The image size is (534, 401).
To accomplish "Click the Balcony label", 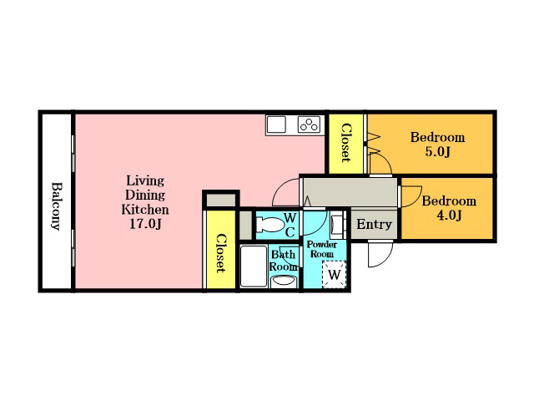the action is point(57,206).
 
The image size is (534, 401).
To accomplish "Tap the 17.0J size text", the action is point(145,224).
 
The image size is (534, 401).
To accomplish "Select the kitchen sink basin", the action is point(276,124).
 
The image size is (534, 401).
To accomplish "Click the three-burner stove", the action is point(310,124).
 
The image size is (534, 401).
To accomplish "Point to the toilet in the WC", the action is point(270,225).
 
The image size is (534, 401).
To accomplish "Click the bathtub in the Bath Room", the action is point(254,266).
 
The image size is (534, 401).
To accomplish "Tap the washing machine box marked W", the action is point(334,275).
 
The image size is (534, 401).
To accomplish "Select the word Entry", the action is point(374,225).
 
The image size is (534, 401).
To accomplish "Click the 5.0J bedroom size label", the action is point(437,152).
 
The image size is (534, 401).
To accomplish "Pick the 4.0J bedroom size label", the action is point(449,216).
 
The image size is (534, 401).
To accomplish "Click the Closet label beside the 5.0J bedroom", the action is point(346,143).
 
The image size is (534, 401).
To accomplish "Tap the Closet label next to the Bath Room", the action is point(221,253).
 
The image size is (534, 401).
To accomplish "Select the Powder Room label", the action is point(322,249).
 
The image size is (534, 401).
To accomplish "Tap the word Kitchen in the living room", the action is point(145,210).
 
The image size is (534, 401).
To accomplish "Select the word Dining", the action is point(145,195).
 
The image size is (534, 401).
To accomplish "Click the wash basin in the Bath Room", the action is point(284,282).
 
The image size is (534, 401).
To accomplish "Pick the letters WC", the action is point(290,225).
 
